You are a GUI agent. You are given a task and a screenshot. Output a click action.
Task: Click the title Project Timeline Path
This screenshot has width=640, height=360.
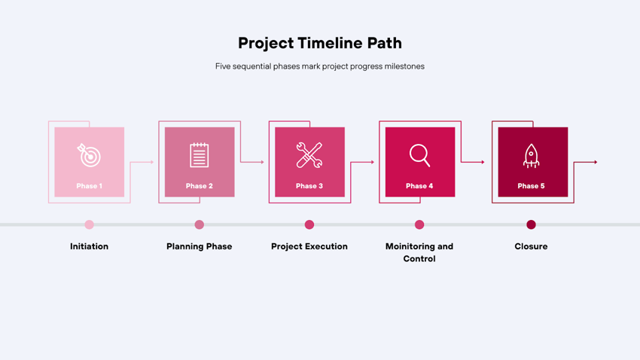coord(320,43)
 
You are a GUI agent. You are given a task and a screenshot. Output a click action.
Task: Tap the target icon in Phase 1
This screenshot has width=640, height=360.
coord(89,155)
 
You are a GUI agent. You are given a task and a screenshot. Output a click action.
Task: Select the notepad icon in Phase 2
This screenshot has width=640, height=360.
coord(199,155)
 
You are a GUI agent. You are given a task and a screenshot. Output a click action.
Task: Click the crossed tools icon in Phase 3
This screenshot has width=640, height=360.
coord(309,155)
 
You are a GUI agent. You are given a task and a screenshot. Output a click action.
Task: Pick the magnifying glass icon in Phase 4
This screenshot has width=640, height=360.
coord(420,155)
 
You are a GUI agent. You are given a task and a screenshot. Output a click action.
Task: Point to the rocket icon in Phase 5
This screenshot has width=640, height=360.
coord(531,156)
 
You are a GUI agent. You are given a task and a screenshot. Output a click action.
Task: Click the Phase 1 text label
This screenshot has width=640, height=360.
coord(89,186)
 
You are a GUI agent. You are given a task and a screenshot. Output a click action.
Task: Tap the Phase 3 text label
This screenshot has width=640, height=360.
coord(309,186)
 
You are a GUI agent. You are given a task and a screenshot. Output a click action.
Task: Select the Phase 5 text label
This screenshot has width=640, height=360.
coord(531,186)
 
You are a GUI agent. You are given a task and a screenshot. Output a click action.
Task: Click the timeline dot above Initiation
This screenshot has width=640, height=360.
coord(89,224)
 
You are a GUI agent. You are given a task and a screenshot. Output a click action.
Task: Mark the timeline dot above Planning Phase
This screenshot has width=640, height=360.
coord(199,224)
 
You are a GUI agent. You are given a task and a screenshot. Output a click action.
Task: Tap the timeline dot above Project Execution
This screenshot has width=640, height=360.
coord(309,224)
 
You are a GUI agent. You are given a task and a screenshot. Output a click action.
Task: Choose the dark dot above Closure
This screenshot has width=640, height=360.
coord(531,224)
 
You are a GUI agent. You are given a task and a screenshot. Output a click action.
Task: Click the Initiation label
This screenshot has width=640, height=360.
coord(89,246)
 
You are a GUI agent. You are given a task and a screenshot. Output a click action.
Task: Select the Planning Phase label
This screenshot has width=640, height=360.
coord(199,246)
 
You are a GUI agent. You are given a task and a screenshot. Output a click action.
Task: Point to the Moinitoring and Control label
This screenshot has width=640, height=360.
coord(419,252)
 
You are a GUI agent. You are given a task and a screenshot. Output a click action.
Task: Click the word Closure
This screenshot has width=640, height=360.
coord(531,246)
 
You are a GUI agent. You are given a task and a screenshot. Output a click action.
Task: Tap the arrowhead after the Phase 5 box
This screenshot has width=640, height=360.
coord(596,162)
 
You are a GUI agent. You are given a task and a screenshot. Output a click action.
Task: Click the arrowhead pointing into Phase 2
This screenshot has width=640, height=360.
coord(152,162)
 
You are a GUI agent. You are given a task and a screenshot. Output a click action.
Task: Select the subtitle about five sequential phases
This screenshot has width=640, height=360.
coord(320,66)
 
